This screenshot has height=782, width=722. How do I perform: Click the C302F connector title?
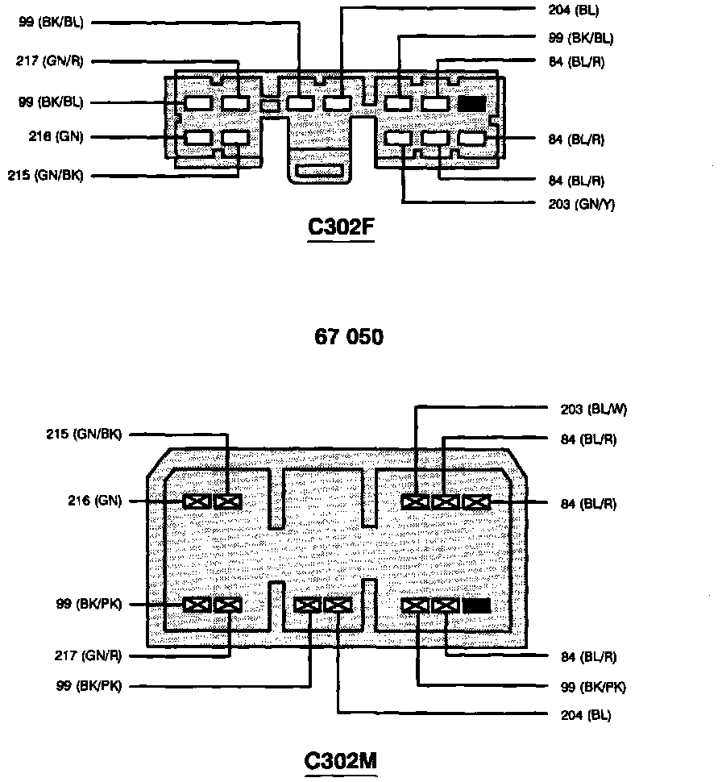pyautogui.click(x=341, y=228)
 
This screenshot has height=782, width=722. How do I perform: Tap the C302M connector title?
pyautogui.click(x=341, y=760)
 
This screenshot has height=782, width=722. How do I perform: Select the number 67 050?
pyautogui.click(x=348, y=336)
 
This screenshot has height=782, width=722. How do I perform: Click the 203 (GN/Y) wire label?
pyautogui.click(x=581, y=204)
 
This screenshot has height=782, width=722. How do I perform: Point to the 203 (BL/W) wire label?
pyautogui.click(x=593, y=409)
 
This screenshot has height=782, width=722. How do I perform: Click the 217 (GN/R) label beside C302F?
pyautogui.click(x=50, y=60)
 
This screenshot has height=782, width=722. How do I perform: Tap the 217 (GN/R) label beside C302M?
pyautogui.click(x=89, y=656)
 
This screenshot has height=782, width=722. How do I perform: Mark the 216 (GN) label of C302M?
pyautogui.click(x=94, y=501)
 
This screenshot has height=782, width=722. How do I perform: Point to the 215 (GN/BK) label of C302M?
pyautogui.click(x=84, y=435)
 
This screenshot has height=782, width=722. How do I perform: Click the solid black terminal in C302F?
pyautogui.click(x=471, y=103)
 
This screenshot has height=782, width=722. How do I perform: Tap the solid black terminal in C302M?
pyautogui.click(x=477, y=605)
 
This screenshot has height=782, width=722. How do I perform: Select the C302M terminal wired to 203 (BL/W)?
pyautogui.click(x=415, y=501)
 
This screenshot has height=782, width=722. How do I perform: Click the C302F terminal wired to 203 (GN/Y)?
pyautogui.click(x=399, y=139)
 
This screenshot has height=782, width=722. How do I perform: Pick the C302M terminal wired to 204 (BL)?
pyautogui.click(x=338, y=605)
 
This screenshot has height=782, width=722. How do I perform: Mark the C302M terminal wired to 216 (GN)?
pyautogui.click(x=197, y=501)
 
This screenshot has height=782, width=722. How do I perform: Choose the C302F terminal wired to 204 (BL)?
pyautogui.click(x=337, y=103)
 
